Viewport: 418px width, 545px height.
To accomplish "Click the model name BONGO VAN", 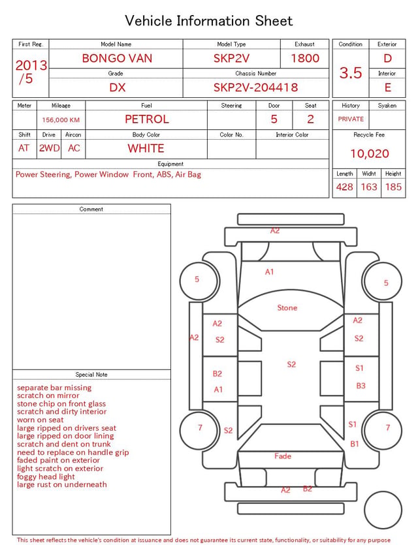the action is (117, 58).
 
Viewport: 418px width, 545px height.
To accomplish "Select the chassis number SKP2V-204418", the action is (255, 87).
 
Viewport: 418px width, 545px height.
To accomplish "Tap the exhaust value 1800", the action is (305, 58).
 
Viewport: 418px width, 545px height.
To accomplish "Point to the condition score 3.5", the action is (351, 73).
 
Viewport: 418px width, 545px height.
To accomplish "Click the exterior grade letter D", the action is (387, 58).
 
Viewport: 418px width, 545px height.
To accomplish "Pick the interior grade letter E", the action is (388, 87).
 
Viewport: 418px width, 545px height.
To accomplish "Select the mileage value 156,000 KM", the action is (61, 120).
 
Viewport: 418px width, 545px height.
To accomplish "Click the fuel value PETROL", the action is (147, 119).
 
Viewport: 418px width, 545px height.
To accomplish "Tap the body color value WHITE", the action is (146, 148).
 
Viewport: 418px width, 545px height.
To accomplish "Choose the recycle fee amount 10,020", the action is (369, 153).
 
